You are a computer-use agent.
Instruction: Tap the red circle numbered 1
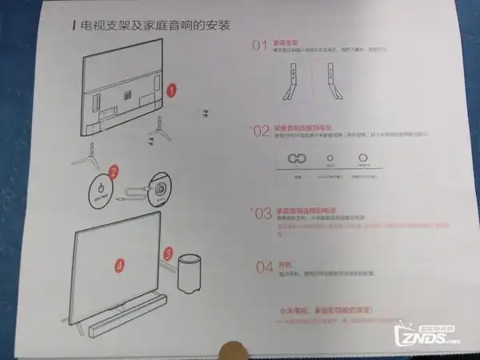[x=173, y=91]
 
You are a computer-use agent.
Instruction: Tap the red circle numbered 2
[x=114, y=171]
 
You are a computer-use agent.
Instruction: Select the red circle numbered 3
[x=168, y=253]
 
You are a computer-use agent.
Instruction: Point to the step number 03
[x=262, y=214]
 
